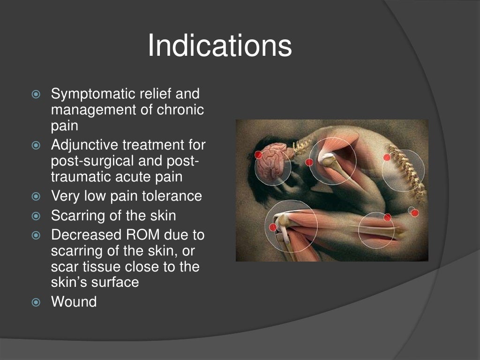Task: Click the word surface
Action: tap(116, 282)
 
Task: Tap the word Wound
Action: tap(74, 301)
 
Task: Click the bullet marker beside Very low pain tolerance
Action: tap(37, 196)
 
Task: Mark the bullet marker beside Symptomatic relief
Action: tap(37, 95)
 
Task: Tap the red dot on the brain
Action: tap(258, 155)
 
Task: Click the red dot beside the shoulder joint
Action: tap(309, 162)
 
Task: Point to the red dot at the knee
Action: tap(273, 227)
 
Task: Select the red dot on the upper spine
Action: tap(387, 157)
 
